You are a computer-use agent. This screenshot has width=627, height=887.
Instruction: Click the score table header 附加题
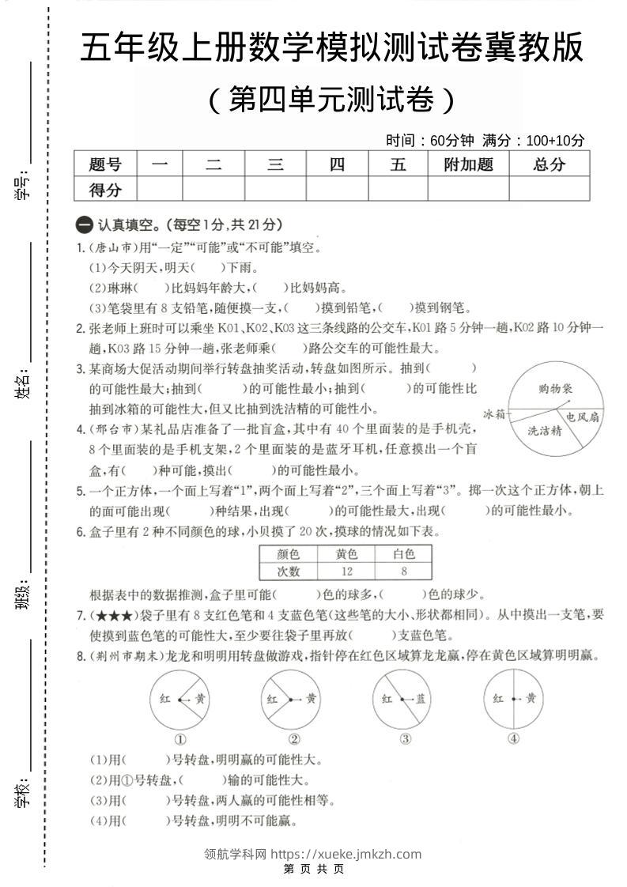click(x=469, y=164)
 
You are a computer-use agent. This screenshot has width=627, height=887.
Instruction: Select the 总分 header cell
click(x=550, y=164)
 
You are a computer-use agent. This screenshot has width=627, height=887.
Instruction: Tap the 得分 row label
click(x=105, y=190)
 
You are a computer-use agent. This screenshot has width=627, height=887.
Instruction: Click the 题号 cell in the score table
click(x=105, y=164)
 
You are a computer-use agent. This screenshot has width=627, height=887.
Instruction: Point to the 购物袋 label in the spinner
click(x=555, y=388)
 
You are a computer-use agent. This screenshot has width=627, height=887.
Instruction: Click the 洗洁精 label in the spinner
click(x=545, y=431)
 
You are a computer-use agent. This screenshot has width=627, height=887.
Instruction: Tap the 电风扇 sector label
click(x=580, y=416)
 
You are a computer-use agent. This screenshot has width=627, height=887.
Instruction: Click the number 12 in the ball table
click(x=346, y=572)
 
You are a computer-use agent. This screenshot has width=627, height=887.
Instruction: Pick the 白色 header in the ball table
click(x=403, y=553)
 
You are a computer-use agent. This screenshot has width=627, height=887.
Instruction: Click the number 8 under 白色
click(x=403, y=572)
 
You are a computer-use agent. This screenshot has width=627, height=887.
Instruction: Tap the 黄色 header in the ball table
click(x=346, y=553)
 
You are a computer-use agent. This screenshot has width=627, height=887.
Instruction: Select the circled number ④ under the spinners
click(x=514, y=740)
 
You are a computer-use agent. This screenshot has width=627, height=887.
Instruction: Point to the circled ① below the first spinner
click(x=180, y=740)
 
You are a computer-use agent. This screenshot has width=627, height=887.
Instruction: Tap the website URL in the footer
click(x=346, y=854)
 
